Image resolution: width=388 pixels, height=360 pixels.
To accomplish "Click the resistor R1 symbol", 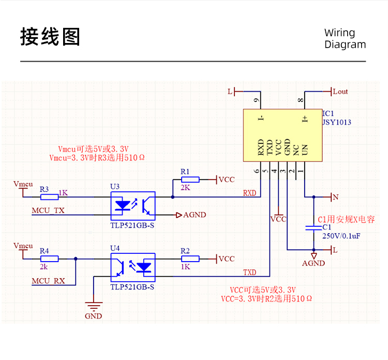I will pos(189,180).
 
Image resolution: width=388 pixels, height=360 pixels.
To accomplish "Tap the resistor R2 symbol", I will pos(189,258).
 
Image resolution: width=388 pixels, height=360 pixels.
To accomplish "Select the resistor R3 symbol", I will pos(49,197).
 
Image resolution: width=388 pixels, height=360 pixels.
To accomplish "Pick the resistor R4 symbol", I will pos(49,258).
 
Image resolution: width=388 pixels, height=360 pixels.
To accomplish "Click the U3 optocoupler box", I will pos(133,205).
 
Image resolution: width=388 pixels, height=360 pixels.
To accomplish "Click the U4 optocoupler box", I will pos(133,267).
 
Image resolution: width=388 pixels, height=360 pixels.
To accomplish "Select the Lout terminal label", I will pos(340,92).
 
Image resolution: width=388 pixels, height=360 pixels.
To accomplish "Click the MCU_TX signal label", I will pos(48,211).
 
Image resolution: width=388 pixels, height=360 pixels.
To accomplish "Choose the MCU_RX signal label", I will pos(48,281).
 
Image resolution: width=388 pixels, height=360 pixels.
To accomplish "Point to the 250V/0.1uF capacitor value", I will pos(341,236).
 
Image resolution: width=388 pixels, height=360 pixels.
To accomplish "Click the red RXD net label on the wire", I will pos(249,193).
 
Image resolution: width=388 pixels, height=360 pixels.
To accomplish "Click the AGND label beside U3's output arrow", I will pos(195,214).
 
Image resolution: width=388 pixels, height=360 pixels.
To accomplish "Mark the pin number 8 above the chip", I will pos(300,101).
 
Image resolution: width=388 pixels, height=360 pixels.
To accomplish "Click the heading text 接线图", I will pos(50,37).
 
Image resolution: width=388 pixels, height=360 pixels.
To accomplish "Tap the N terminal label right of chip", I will pos(335,197).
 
